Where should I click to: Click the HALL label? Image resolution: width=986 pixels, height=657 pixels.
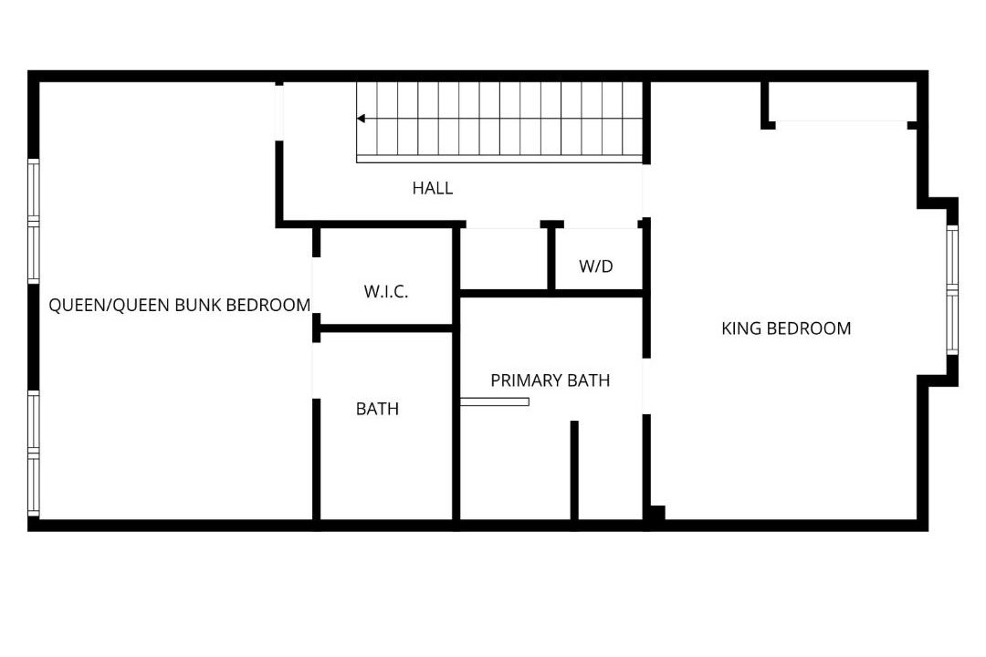[433, 188]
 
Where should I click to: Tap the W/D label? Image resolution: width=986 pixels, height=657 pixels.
[596, 266]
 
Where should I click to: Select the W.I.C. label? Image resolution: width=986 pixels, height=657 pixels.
[386, 292]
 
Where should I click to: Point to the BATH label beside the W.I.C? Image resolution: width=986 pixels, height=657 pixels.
[377, 409]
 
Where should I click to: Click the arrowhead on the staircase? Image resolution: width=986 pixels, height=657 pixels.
[361, 119]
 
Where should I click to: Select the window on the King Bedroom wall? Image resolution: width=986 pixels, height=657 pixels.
[952, 290]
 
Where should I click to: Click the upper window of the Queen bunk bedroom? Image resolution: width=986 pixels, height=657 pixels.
[34, 221]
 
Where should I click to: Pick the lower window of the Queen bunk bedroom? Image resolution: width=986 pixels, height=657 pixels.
[34, 454]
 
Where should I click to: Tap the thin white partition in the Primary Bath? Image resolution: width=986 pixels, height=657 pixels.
[494, 401]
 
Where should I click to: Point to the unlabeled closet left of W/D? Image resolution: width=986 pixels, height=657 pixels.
[504, 258]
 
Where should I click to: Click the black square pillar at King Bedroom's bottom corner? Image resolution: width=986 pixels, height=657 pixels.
[657, 513]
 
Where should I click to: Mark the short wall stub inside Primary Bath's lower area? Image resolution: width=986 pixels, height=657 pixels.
[574, 470]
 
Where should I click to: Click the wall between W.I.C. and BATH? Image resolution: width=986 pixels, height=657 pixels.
[386, 328]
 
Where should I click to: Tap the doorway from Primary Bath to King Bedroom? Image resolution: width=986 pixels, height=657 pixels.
[645, 386]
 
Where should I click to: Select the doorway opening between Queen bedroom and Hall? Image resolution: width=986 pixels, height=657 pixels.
[279, 113]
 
